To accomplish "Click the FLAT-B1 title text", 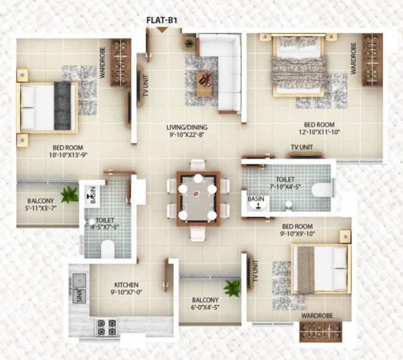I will point(161,19).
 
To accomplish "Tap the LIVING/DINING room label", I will point(190,126).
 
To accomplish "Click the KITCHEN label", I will point(126,285).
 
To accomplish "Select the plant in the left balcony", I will point(69,194).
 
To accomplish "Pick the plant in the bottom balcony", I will point(232,288).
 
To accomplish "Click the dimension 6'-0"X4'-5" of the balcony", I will point(205,308).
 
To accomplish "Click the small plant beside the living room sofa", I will point(189,43).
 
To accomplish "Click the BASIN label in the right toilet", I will point(256,199).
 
